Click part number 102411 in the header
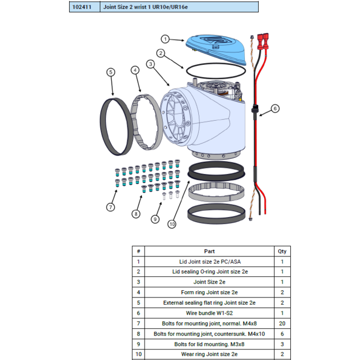82,7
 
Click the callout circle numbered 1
165,39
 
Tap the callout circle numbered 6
275,109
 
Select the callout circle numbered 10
172,224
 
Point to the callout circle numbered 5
111,73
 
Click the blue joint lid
216,49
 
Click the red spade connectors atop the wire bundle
263,42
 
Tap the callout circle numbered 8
136,214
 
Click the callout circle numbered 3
151,64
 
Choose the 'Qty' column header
282,251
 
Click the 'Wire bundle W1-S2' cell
209,313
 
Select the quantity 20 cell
282,323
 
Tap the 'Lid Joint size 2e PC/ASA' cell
209,261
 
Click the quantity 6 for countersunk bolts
282,333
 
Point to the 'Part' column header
209,251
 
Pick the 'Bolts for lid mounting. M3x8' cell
209,344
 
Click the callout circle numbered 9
155,219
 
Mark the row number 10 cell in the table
138,354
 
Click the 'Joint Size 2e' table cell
209,282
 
